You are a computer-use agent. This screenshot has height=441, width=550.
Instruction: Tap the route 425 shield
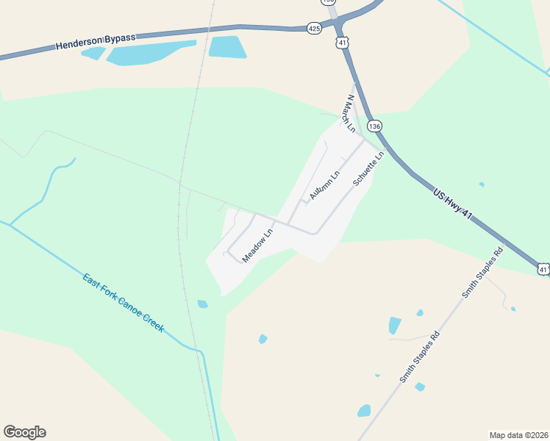click(314, 28)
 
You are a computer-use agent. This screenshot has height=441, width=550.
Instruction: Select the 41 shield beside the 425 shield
click(342, 43)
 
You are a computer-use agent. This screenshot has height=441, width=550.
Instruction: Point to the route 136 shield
click(375, 126)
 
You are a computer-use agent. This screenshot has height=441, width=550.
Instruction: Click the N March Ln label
click(348, 114)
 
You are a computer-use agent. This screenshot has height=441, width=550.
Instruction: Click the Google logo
click(24, 432)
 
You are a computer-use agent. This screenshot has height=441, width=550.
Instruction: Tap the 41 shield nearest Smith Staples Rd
click(543, 270)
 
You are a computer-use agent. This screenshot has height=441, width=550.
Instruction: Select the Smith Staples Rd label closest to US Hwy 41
click(482, 273)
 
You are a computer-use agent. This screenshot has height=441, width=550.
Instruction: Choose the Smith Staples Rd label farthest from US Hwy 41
click(420, 356)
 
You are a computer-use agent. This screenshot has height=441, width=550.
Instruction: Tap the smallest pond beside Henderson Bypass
click(93, 53)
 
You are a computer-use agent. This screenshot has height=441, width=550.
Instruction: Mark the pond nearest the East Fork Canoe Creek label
click(202, 304)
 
